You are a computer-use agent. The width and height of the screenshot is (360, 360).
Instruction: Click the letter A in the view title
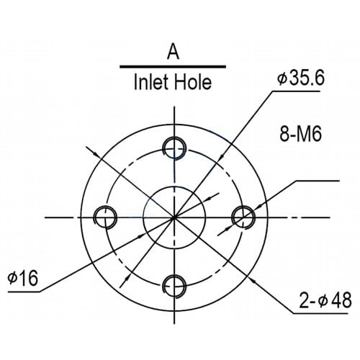[x=173, y=52]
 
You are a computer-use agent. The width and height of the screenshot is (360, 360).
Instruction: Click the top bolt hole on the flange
[x=174, y=148]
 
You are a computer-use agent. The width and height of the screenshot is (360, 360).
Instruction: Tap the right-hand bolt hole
[x=243, y=216]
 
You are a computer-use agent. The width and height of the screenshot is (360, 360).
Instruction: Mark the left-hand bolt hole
[x=105, y=216]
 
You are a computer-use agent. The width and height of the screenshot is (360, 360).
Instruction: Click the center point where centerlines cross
[x=174, y=217]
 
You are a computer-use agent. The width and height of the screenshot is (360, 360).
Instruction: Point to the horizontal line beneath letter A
[x=173, y=66]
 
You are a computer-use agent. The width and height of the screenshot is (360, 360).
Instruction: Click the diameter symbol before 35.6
[x=281, y=78]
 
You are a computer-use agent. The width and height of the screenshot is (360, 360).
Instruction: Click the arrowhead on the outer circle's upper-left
[x=91, y=151]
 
